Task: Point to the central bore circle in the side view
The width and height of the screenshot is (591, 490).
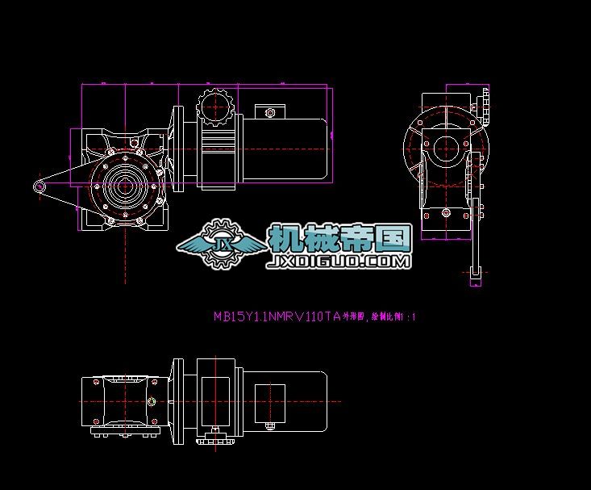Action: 444,147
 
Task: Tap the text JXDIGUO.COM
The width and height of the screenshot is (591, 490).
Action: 339,262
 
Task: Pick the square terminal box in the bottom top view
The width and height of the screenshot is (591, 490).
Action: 269,401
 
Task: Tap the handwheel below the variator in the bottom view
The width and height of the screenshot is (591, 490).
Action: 214,438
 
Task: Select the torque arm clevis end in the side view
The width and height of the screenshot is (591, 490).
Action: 474,276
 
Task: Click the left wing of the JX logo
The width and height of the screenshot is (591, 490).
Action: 192,243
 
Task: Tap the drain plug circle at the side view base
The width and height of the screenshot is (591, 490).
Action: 446,212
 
